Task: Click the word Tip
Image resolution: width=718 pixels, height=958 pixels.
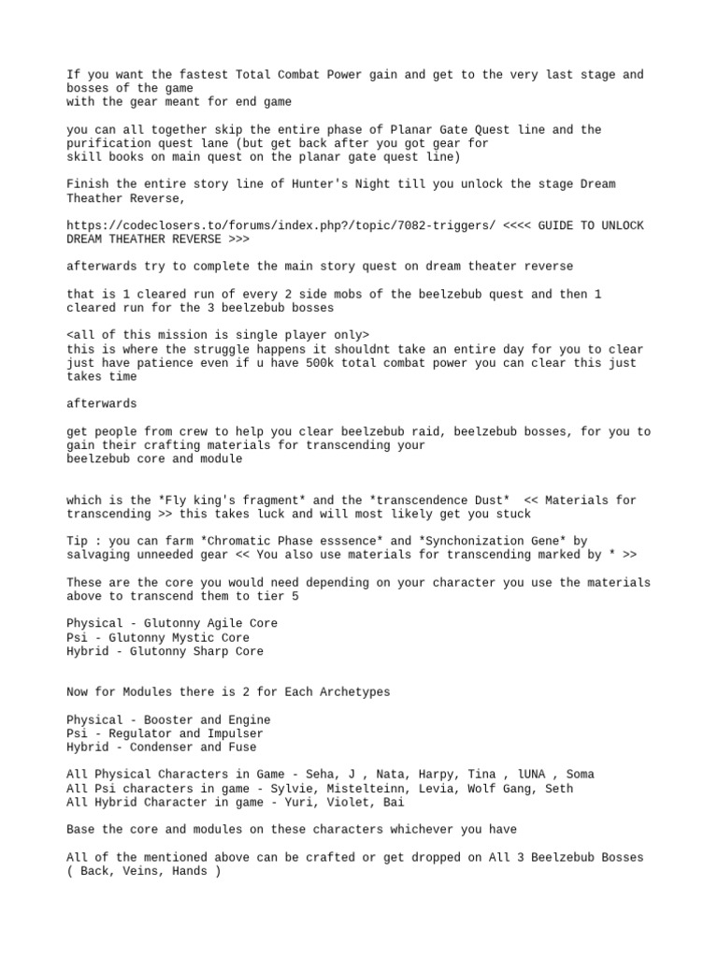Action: click(79, 541)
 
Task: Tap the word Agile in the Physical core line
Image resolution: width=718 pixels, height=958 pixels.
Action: click(232, 623)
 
